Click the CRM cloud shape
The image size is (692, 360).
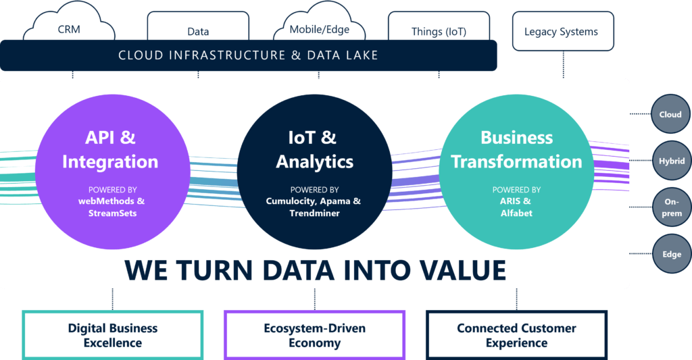click(x=69, y=26)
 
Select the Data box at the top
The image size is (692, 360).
click(x=198, y=26)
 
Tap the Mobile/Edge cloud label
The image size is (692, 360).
click(x=320, y=30)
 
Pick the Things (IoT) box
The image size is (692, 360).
click(x=439, y=26)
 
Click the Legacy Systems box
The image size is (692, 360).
click(x=563, y=31)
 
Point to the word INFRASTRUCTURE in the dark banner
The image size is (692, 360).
click(x=227, y=55)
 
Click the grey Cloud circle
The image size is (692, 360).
click(x=670, y=114)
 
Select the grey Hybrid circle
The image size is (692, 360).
click(x=672, y=161)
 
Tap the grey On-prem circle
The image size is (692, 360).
click(x=672, y=207)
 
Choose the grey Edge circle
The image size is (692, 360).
click(x=672, y=254)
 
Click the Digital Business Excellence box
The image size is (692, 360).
click(x=113, y=335)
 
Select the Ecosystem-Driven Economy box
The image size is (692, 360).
click(x=315, y=335)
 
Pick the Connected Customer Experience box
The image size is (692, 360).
click(x=516, y=335)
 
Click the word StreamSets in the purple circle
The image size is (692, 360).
click(x=113, y=213)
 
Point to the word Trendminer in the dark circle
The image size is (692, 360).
click(x=315, y=213)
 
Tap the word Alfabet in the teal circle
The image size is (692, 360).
click(x=516, y=213)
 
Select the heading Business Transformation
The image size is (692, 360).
click(x=516, y=149)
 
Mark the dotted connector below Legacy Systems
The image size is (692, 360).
click(x=563, y=64)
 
